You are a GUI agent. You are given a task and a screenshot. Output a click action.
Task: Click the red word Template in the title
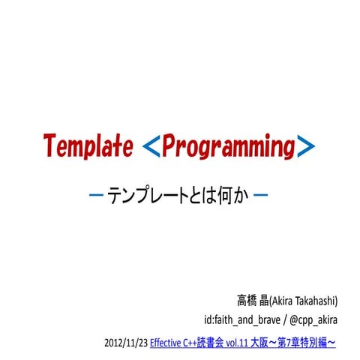click(88, 145)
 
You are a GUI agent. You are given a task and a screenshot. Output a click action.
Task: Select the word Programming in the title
click(227, 146)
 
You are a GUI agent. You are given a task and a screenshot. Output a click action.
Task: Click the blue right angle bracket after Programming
click(304, 146)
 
